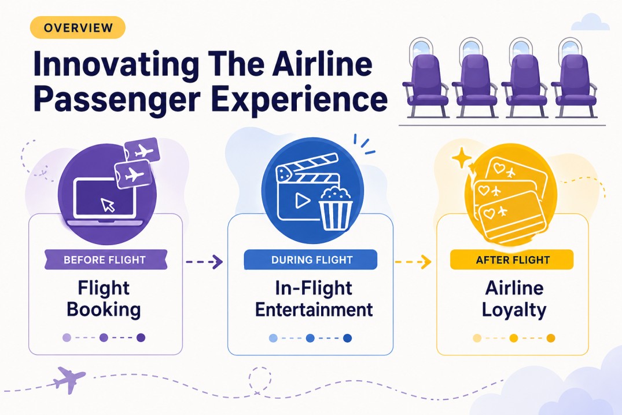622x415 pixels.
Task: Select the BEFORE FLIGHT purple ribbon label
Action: point(105,259)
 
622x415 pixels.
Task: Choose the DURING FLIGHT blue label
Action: point(311,260)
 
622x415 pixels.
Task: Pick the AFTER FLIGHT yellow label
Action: point(511,260)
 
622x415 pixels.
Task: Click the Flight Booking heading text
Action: point(104,298)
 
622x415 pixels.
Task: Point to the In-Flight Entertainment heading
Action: point(314,298)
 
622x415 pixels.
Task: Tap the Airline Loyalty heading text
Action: point(514,298)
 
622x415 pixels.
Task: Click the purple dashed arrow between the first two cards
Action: point(204,262)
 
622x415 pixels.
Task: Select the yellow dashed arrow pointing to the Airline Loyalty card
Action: point(413,262)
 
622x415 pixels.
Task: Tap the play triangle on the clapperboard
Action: point(301,201)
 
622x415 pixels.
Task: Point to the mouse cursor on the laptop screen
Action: point(108,204)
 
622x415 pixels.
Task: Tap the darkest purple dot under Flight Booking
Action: point(141,337)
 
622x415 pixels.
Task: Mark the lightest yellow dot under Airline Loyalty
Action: point(477,338)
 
